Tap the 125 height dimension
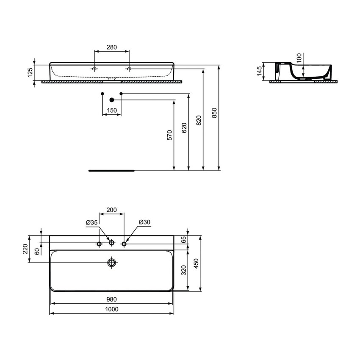[30, 72]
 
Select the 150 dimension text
[112, 110]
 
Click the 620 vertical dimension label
[183, 128]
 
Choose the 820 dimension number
[199, 122]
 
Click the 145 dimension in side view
[259, 72]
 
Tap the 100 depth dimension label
[299, 58]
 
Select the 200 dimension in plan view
[112, 210]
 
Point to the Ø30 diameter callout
[144, 222]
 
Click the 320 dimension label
[183, 270]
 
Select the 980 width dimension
[112, 299]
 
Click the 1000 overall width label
[112, 309]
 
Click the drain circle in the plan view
[112, 263]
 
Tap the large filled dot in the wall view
[112, 100]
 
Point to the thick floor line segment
[111, 171]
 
